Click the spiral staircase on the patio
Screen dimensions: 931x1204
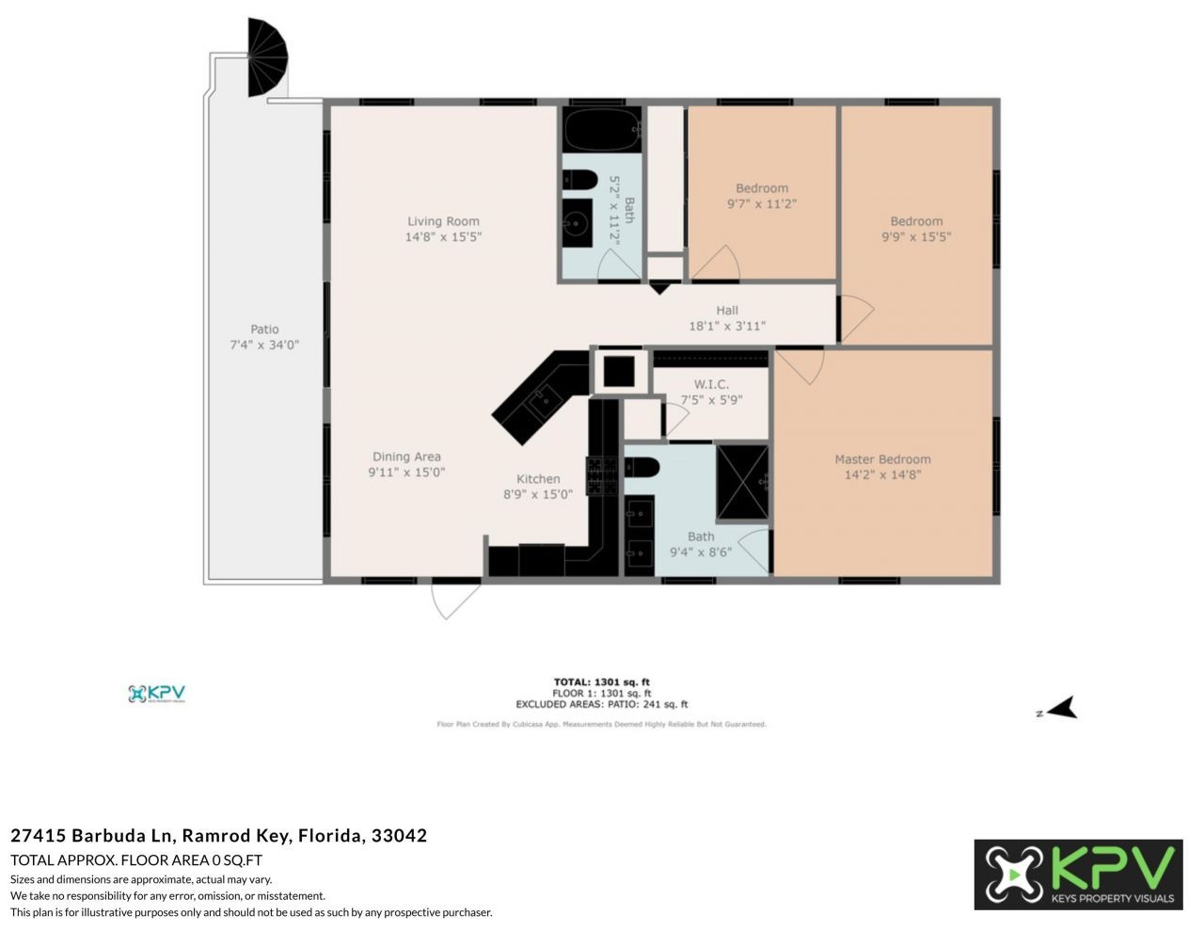click(266, 58)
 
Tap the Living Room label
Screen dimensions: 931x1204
click(443, 221)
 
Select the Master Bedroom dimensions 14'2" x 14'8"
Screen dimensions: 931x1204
click(882, 475)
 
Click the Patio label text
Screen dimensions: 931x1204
click(264, 329)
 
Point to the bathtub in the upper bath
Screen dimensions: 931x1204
click(602, 130)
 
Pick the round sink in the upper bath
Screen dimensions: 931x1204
click(577, 223)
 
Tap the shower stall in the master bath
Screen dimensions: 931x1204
click(742, 481)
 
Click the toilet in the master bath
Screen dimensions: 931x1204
click(642, 467)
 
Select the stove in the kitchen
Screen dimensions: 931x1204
click(602, 475)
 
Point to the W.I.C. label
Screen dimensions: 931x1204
click(711, 384)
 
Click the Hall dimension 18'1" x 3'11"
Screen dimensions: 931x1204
click(727, 327)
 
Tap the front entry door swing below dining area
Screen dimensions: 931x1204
click(454, 600)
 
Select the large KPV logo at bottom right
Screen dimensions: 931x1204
click(1078, 875)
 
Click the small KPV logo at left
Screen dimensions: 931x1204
click(157, 694)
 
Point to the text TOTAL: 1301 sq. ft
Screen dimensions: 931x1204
click(601, 682)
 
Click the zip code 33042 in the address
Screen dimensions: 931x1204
click(399, 835)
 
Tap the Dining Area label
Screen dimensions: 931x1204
click(406, 457)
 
